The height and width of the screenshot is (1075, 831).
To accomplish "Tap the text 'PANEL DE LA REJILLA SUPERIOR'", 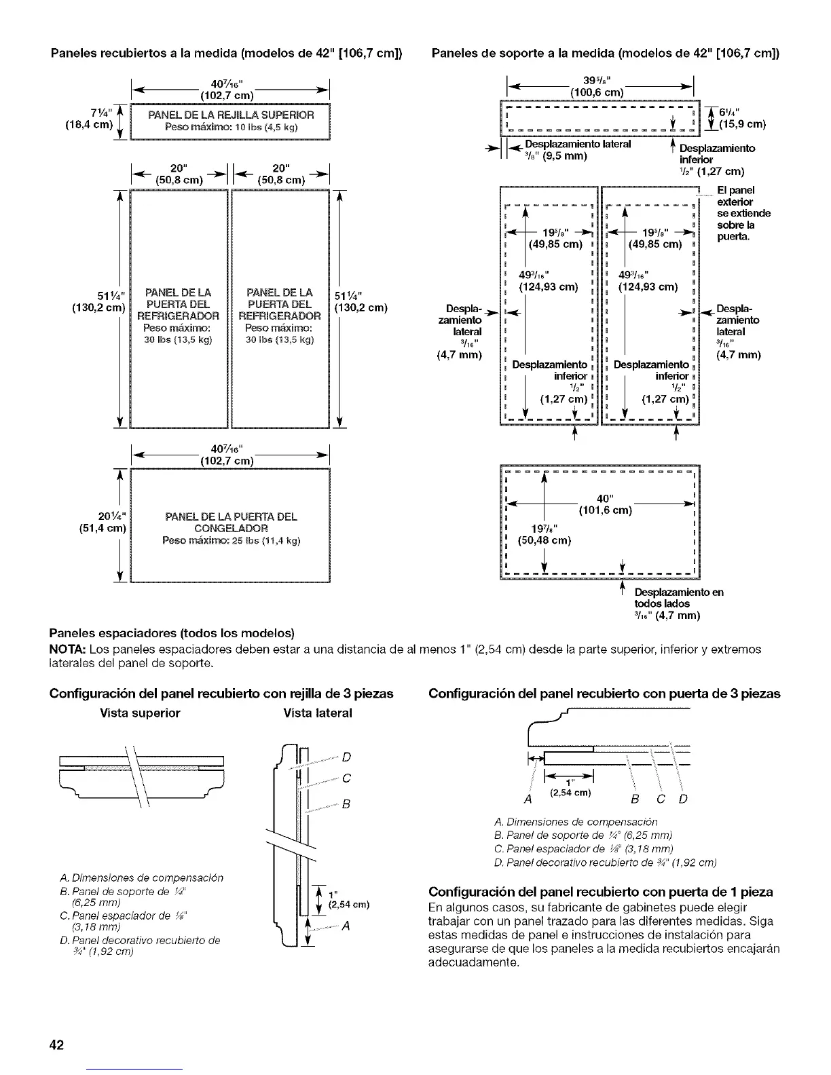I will pos(231,114).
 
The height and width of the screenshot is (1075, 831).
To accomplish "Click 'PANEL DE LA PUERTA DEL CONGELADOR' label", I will pos(231,522).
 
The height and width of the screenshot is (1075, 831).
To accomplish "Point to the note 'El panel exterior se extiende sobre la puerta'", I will pos(743,213).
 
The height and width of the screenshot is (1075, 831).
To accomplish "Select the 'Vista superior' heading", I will pos(140,713).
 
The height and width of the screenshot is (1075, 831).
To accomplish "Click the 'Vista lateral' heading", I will pos(317,713).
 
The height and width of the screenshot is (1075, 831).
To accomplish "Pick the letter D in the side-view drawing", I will pos(346,757).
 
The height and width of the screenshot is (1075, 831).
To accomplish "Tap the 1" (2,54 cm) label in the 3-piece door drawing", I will pos(570,787).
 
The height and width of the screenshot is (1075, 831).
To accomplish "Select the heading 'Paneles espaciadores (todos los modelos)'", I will pos(172,633).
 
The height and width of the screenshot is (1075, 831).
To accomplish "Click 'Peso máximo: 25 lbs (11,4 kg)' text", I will pos(231,540).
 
